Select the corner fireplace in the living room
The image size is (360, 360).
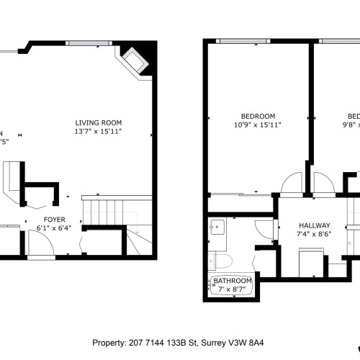click(135, 60)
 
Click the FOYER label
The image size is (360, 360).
click(55, 220)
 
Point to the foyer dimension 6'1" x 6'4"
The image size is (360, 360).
click(55, 229)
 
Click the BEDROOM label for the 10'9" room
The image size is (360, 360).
click(258, 117)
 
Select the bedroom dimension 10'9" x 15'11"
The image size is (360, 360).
click(258, 125)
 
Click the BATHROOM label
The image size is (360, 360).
click(233, 280)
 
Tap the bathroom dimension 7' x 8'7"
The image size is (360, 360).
click(233, 289)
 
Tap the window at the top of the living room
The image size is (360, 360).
click(90, 42)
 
